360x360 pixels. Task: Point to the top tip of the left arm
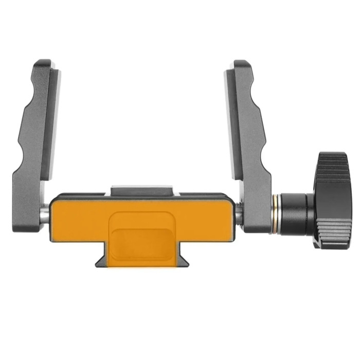44,63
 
